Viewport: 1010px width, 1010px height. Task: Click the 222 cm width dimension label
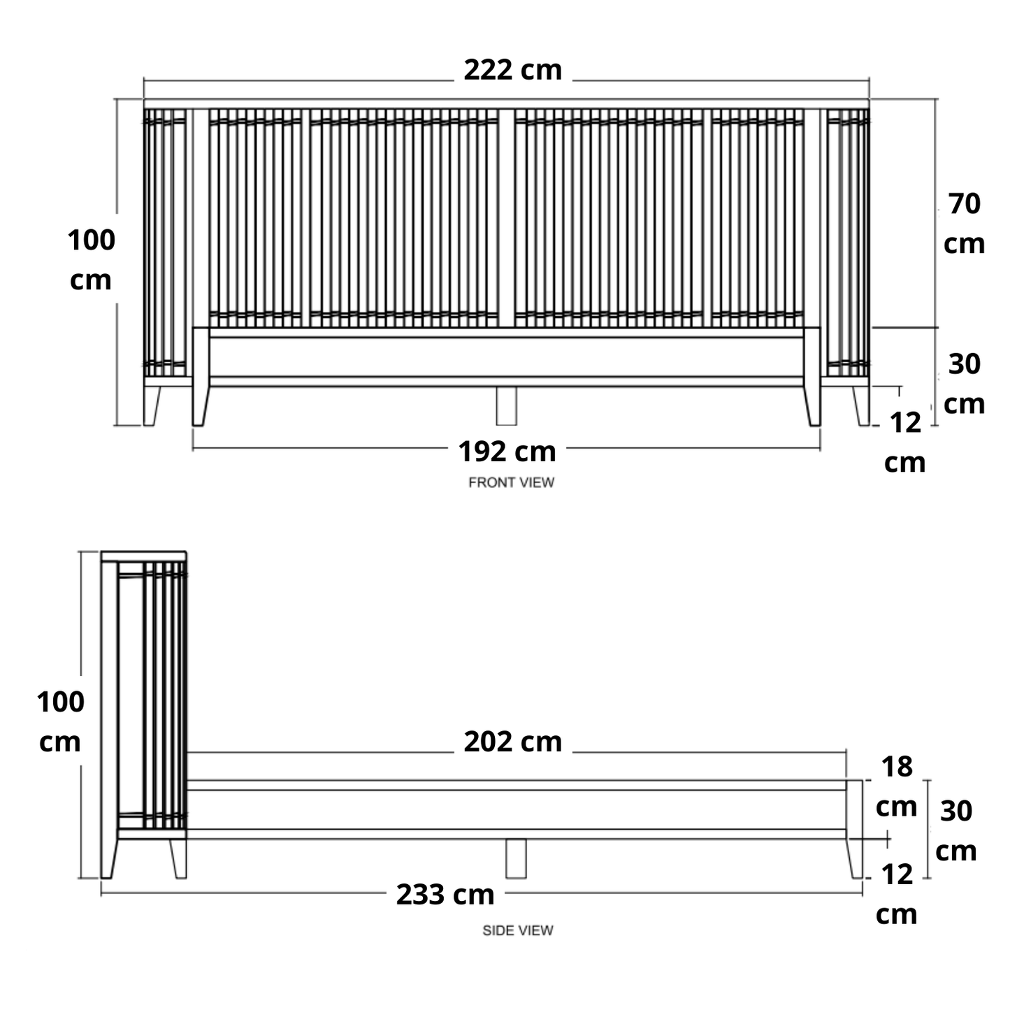click(512, 70)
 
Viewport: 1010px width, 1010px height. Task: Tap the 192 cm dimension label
click(507, 452)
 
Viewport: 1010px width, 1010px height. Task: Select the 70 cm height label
click(963, 224)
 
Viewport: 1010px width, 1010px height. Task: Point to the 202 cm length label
click(512, 742)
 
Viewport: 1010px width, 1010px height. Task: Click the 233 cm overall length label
click(445, 895)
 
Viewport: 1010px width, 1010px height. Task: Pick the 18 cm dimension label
click(896, 787)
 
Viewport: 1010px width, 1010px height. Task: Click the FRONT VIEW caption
click(511, 482)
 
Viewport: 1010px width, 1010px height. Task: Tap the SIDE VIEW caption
click(517, 930)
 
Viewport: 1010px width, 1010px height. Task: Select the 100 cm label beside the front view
click(91, 260)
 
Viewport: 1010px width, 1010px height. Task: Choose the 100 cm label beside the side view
click(60, 722)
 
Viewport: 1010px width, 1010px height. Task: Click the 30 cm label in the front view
click(963, 384)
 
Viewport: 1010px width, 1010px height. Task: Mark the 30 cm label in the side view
click(955, 831)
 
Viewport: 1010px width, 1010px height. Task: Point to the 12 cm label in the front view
click(904, 442)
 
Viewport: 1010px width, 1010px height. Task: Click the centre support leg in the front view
click(506, 405)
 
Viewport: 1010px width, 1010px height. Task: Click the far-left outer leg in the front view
click(151, 405)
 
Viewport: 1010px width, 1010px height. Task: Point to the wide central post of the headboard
click(506, 218)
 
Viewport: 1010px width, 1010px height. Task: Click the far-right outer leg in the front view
click(861, 405)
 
